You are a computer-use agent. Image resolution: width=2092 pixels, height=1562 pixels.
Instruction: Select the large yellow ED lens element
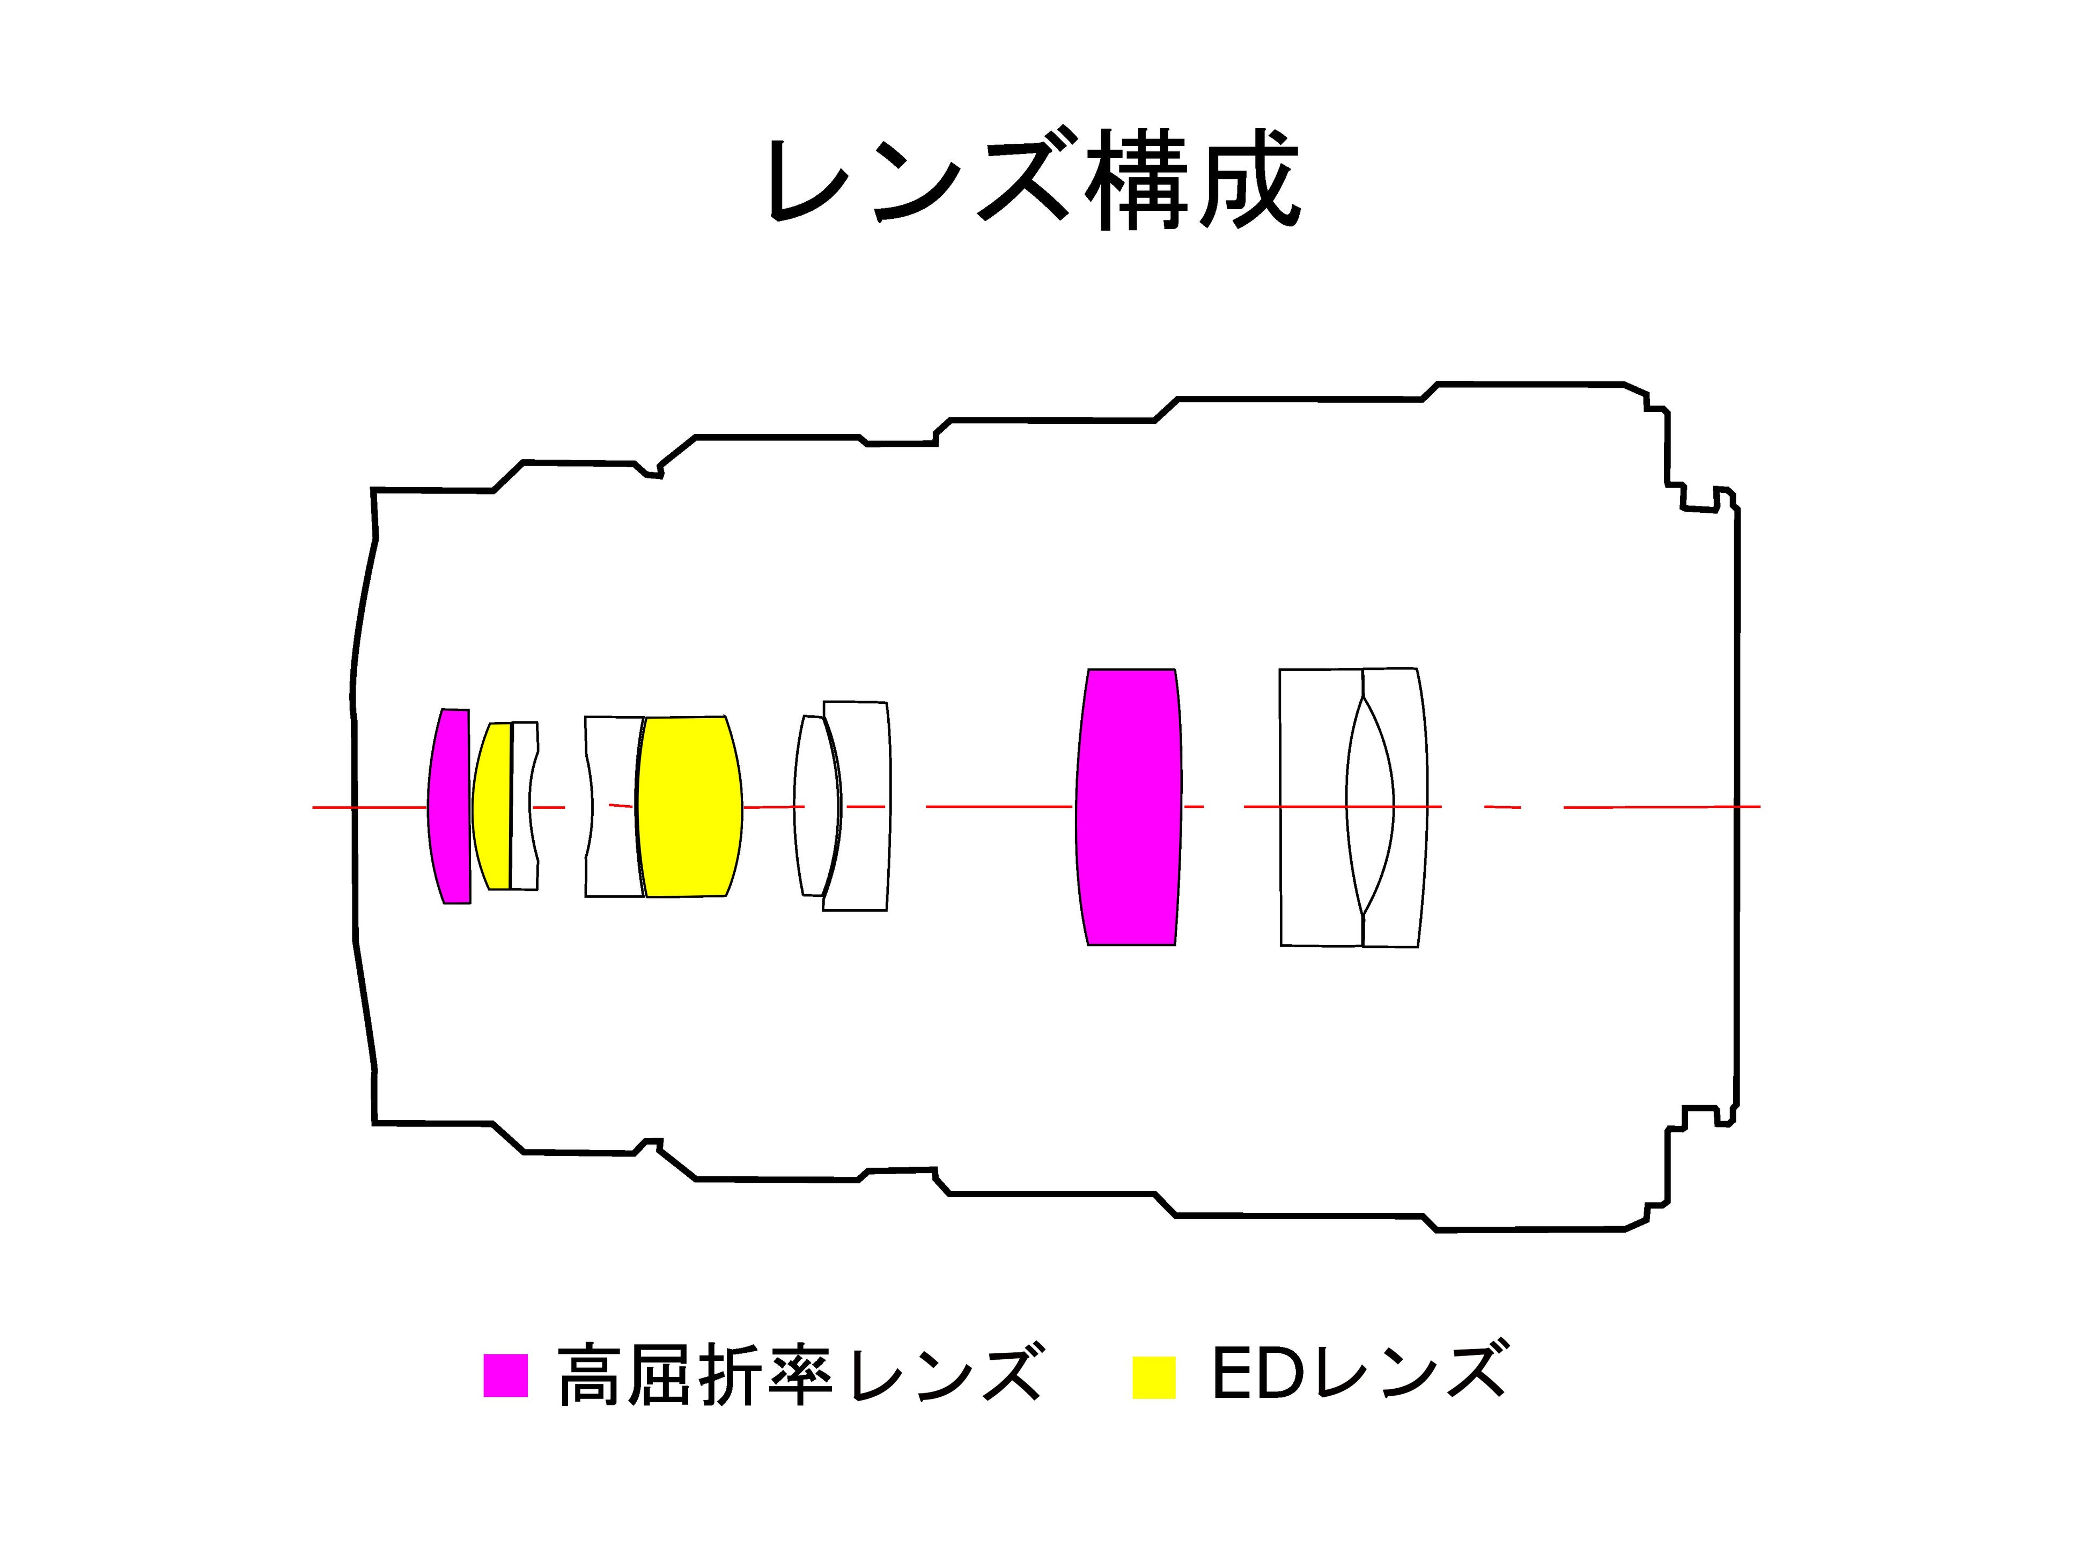(688, 807)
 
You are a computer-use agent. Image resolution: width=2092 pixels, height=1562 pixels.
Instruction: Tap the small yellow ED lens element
(491, 807)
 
